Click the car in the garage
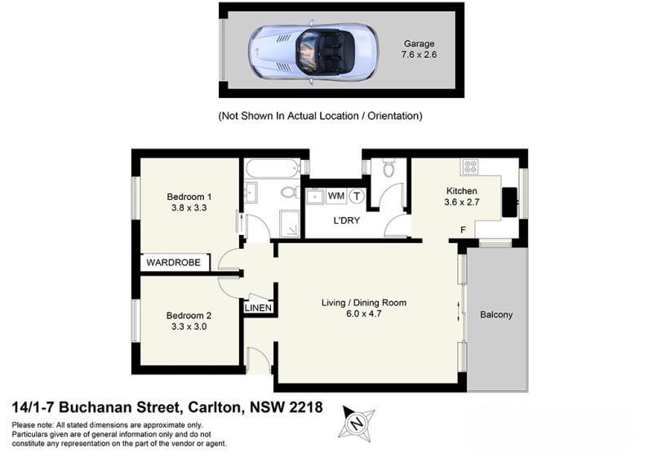[313, 50]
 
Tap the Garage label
[419, 44]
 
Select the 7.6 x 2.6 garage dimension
[419, 55]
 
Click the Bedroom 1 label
[189, 197]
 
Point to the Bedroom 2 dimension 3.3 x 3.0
[189, 326]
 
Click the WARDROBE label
[175, 264]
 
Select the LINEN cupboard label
[259, 308]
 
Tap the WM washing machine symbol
[335, 196]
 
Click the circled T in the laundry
[356, 196]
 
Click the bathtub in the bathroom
[273, 169]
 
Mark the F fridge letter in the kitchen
[463, 230]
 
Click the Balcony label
[496, 314]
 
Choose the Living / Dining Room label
[363, 303]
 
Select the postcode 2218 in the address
[306, 407]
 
